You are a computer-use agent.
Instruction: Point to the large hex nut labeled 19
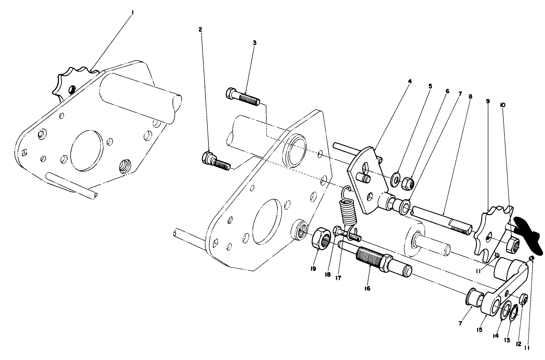(321, 239)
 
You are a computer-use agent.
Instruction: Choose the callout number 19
(313, 269)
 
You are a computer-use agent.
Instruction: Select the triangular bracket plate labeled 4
(367, 181)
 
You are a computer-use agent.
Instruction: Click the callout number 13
(507, 340)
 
